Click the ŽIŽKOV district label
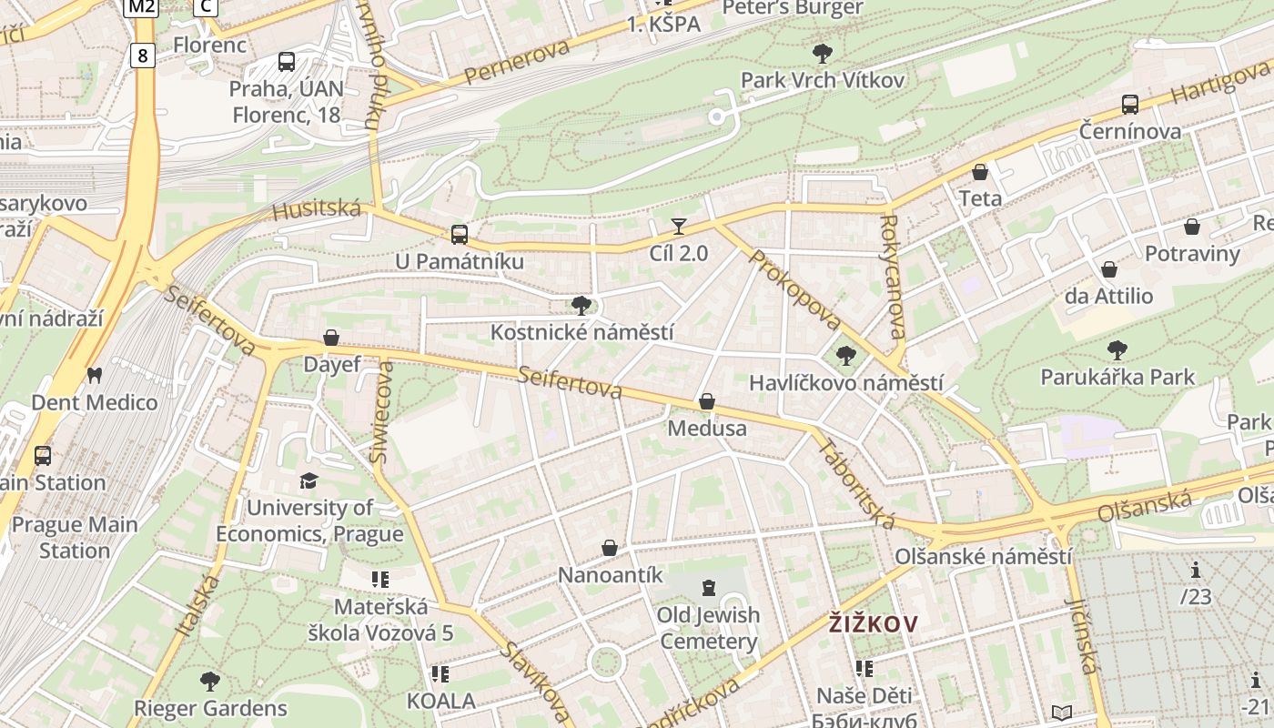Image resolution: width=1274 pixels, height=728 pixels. (873, 624)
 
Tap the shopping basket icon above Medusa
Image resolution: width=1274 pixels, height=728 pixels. (707, 401)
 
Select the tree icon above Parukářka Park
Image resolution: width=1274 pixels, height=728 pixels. (1117, 349)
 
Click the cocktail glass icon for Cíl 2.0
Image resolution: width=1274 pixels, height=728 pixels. (678, 227)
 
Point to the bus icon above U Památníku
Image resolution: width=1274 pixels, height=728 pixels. (460, 234)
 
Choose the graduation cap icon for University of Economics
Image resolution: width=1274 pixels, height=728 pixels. (309, 480)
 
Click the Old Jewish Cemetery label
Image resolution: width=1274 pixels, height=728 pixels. (709, 628)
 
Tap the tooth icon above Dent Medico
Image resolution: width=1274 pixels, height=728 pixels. (94, 375)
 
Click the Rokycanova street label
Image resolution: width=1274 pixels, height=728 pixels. (893, 277)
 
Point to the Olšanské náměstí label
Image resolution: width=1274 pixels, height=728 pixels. (983, 556)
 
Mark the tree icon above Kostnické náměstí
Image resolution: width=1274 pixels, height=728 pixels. (581, 305)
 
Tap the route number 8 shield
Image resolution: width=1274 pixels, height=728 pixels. (142, 56)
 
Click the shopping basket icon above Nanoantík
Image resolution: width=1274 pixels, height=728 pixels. (610, 548)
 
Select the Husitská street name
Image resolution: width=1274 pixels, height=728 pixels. (317, 210)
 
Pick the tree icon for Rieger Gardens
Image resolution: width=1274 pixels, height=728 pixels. (210, 681)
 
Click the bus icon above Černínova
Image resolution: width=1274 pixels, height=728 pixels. (1130, 104)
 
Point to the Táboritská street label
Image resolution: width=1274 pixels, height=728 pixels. (856, 484)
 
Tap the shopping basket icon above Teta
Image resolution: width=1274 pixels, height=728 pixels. (980, 171)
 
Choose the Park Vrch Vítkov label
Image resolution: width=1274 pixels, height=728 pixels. (823, 80)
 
